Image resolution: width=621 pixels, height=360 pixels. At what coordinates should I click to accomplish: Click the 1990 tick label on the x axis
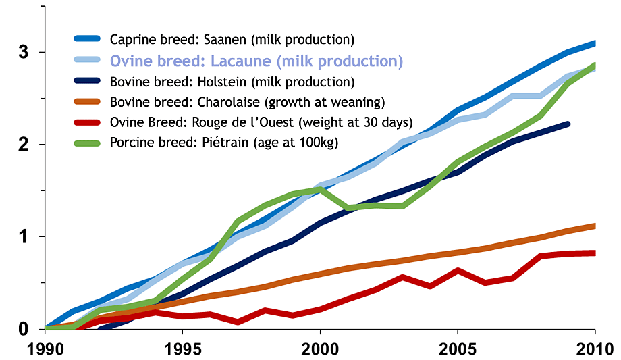(x=45, y=349)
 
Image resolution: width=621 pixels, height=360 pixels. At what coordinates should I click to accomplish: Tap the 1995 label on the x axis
(x=182, y=349)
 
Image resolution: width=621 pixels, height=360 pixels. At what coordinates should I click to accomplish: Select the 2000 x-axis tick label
(x=320, y=349)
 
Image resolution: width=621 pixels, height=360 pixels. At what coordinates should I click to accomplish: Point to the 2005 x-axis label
(x=458, y=349)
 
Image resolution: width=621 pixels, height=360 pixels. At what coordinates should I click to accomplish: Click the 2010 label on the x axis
(x=594, y=349)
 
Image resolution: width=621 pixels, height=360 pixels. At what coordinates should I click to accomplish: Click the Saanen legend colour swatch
(x=88, y=40)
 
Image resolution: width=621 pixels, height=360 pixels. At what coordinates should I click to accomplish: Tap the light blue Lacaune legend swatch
(x=88, y=61)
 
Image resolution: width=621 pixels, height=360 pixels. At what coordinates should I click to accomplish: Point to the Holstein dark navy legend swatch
(x=88, y=83)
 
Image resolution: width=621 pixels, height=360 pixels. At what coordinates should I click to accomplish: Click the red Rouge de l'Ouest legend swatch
(x=88, y=124)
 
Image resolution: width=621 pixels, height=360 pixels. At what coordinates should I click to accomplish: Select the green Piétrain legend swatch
(x=88, y=144)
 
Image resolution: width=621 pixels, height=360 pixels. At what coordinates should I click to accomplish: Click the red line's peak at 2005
(x=458, y=271)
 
